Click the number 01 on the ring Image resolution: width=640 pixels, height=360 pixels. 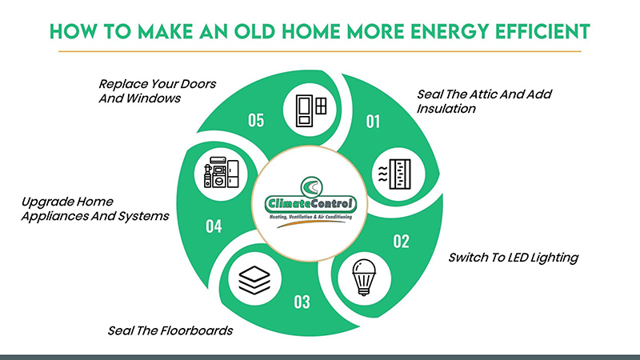372,122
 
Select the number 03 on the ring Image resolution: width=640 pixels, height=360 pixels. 302,302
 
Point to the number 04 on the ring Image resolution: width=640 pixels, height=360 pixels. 213,226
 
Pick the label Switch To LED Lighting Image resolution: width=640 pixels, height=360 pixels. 512,258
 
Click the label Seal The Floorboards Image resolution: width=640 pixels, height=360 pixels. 170,330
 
